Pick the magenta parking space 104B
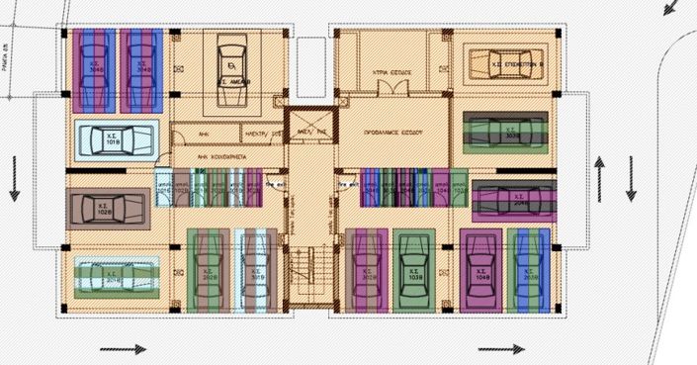click(481, 271)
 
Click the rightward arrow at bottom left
click(123, 348)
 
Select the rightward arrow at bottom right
click(500, 348)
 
